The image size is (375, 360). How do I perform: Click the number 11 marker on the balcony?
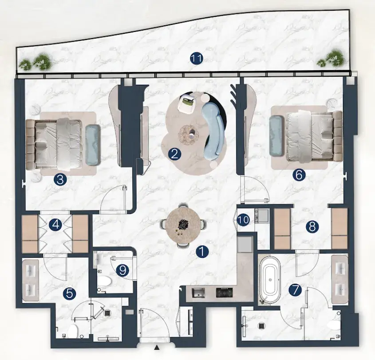tap(197, 59)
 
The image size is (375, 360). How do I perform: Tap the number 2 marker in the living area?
tap(174, 154)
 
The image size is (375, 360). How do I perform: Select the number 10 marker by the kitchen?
tap(244, 220)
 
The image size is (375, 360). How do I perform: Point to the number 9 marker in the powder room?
tap(122, 270)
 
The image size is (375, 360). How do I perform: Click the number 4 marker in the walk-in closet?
tap(55, 225)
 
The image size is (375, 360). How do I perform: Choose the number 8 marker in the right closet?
tap(312, 226)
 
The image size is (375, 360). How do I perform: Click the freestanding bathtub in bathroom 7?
tap(270, 279)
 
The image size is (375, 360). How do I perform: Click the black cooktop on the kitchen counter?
tap(224, 293)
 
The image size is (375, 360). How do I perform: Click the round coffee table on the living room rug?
tap(188, 135)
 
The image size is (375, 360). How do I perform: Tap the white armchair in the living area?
tap(186, 103)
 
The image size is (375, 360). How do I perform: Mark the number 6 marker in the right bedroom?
tap(299, 175)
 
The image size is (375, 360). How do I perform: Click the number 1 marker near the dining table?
tap(202, 252)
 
